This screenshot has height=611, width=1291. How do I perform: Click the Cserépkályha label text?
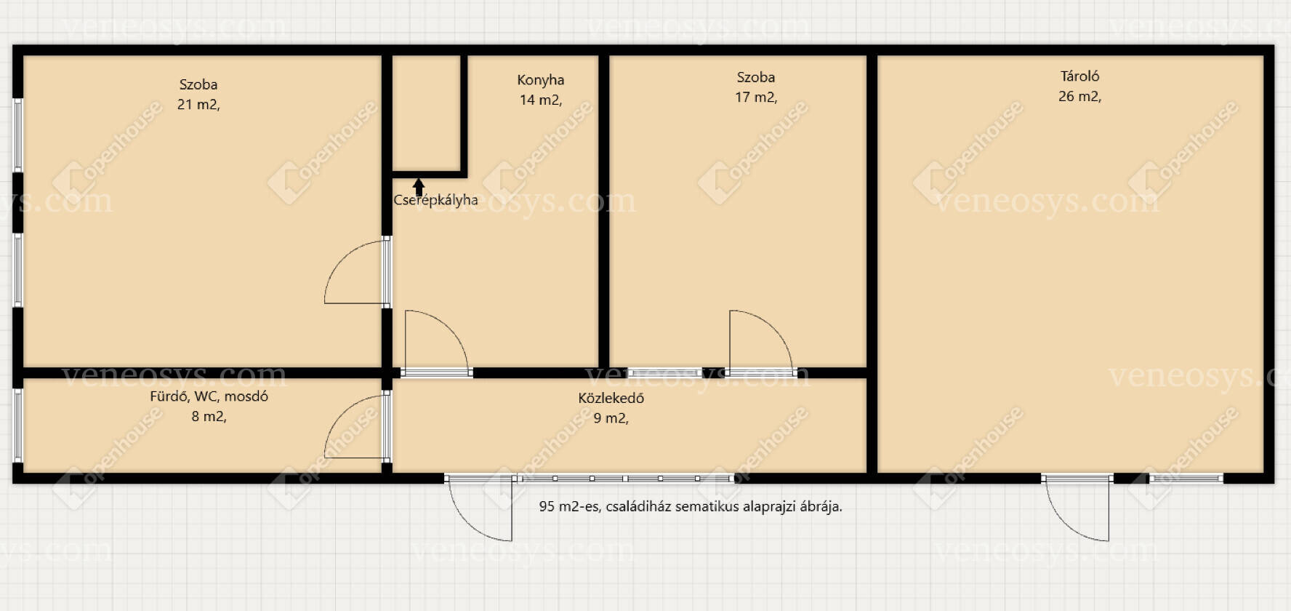pyautogui.click(x=435, y=200)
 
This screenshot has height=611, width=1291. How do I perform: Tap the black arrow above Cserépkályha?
pyautogui.click(x=419, y=187)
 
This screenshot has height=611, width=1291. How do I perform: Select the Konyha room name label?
pyautogui.click(x=541, y=80)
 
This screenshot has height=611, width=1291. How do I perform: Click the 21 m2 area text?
pyautogui.click(x=198, y=105)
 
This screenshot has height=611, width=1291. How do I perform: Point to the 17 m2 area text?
pyautogui.click(x=756, y=97)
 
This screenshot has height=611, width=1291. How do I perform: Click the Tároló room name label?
pyautogui.click(x=1079, y=76)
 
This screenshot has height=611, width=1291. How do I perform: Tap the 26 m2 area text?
pyautogui.click(x=1079, y=96)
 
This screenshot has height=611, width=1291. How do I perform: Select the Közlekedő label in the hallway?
pyautogui.click(x=611, y=398)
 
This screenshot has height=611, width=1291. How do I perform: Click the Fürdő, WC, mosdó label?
pyautogui.click(x=209, y=396)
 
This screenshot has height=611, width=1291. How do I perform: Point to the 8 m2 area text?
pyautogui.click(x=209, y=417)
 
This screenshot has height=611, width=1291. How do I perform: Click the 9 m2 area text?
pyautogui.click(x=611, y=418)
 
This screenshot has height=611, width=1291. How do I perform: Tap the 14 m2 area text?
pyautogui.click(x=541, y=100)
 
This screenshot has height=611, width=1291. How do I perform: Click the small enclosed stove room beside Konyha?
pyautogui.click(x=427, y=113)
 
